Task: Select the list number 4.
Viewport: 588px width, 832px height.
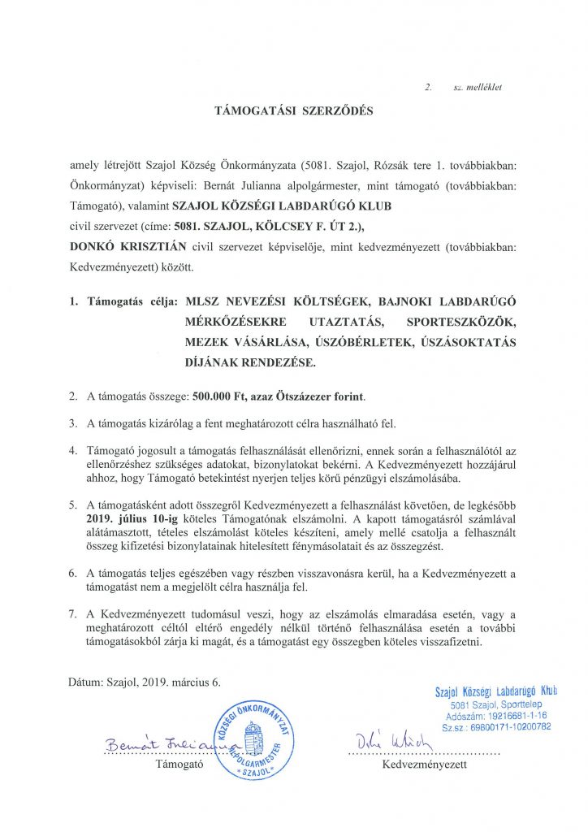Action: click(x=72, y=449)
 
